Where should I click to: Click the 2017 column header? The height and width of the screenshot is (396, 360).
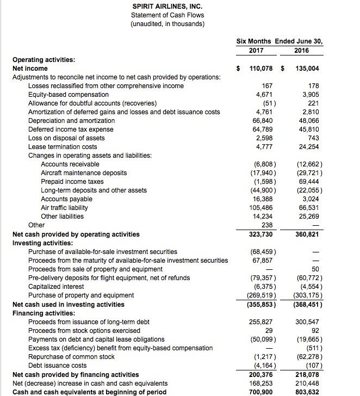pyautogui.click(x=255, y=51)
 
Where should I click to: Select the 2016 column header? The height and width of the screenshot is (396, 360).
pyautogui.click(x=301, y=51)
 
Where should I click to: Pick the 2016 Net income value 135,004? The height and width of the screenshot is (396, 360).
pyautogui.click(x=306, y=69)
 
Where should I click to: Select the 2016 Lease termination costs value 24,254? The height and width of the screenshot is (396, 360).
pyautogui.click(x=309, y=147)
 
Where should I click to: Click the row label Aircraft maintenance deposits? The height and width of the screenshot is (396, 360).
pyautogui.click(x=84, y=173)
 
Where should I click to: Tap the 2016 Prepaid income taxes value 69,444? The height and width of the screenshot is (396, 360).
pyautogui.click(x=309, y=182)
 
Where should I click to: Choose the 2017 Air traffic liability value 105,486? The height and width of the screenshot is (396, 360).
pyautogui.click(x=261, y=208)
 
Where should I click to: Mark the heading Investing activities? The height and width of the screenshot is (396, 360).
pyautogui.click(x=43, y=243)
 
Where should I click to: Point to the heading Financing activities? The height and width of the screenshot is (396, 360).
pyautogui.click(x=44, y=313)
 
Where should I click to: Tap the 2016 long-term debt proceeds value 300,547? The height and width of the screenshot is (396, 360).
pyautogui.click(x=308, y=322)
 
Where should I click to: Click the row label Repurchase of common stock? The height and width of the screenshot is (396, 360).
pyautogui.click(x=71, y=357)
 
